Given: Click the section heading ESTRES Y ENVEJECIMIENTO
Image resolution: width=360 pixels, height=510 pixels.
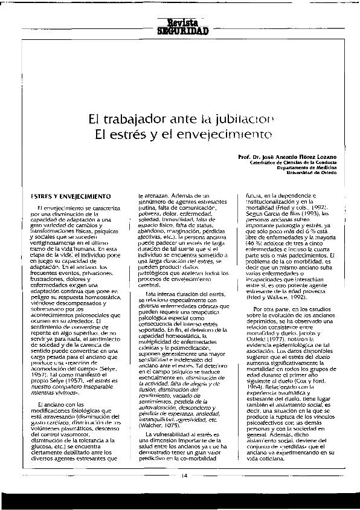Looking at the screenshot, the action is coord(71,196).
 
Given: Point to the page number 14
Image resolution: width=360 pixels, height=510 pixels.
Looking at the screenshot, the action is coord(184,475).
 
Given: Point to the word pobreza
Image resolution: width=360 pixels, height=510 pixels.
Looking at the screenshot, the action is coord(152,214).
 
